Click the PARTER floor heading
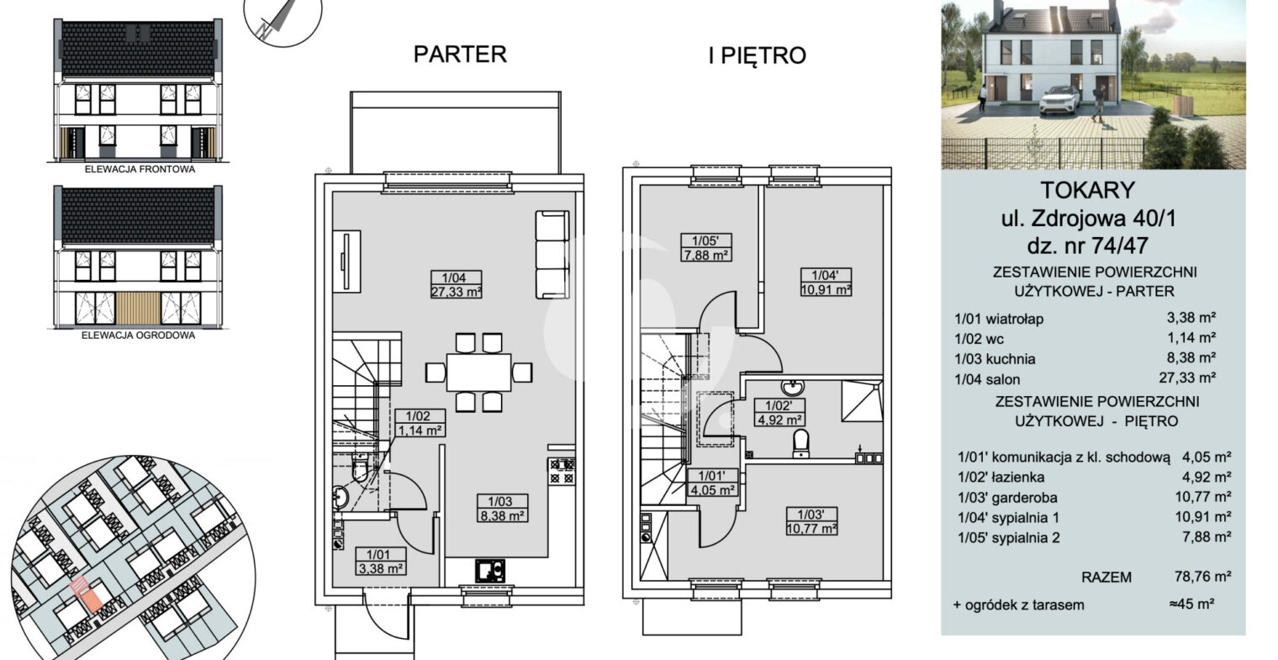[460, 54]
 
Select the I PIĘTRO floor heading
[757, 55]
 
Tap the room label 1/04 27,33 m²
[456, 285]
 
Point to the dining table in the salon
[478, 372]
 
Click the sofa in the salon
[552, 255]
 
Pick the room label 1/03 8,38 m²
[501, 508]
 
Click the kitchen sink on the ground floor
[490, 570]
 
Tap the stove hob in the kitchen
[562, 471]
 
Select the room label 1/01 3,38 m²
[380, 562]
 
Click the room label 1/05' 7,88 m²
[706, 247]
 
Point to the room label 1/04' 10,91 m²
[826, 282]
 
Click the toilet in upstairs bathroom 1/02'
[801, 444]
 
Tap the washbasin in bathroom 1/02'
[792, 388]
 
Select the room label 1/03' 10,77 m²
[811, 521]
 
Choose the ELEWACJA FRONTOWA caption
[140, 170]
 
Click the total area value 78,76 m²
[1202, 576]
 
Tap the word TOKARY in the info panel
[1088, 190]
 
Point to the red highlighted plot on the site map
[86, 595]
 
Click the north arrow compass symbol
[283, 17]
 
